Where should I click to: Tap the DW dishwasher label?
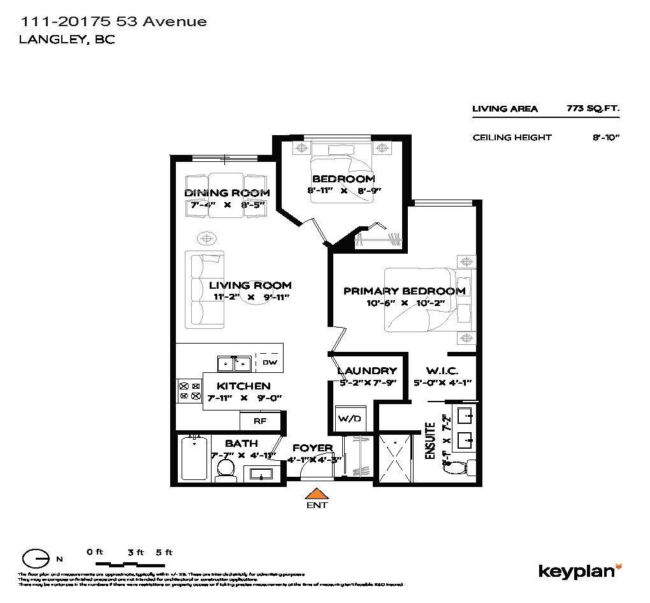[x=270, y=363]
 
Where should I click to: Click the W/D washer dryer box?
[x=349, y=419]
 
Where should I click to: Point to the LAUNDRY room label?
[x=366, y=371]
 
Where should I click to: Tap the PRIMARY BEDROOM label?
[x=404, y=291]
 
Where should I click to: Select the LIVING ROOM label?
[x=250, y=286]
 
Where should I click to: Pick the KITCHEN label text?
[x=243, y=386]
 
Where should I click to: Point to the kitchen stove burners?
[x=189, y=391]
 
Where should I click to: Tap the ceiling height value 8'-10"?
[x=605, y=137]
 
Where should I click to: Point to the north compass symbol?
[x=37, y=558]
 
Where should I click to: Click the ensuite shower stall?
[x=396, y=459]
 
